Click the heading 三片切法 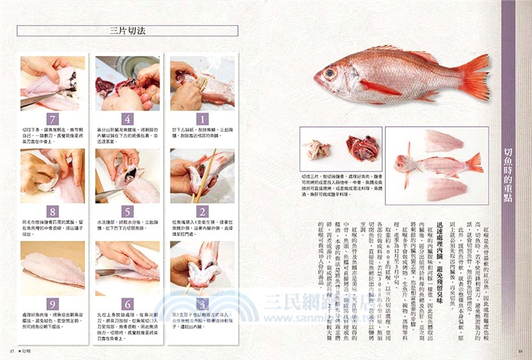click(x=130, y=31)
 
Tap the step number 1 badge click(x=202, y=119)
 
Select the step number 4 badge click(x=128, y=119)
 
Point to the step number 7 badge click(x=53, y=119)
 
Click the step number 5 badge click(x=128, y=212)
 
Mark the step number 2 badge click(x=202, y=212)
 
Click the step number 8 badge click(x=53, y=212)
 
